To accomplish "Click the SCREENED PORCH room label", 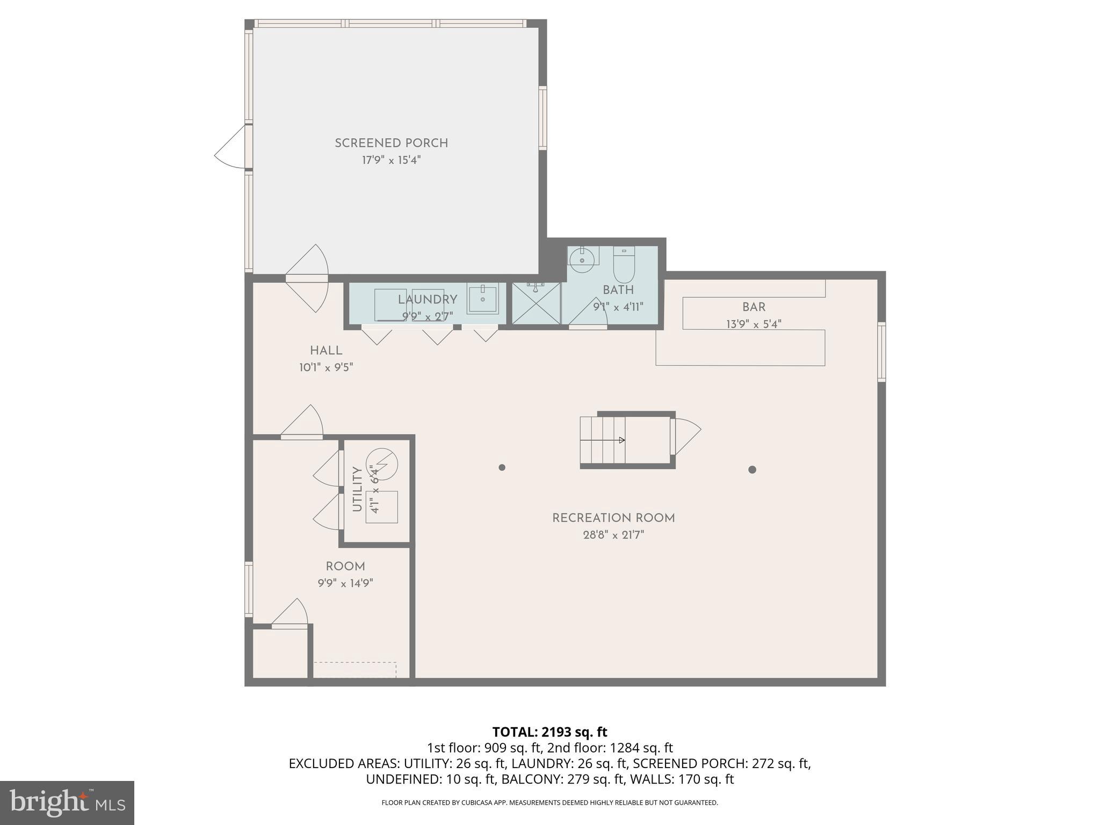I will pyautogui.click(x=391, y=143).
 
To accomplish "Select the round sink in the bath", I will pyautogui.click(x=583, y=259).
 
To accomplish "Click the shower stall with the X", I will pyautogui.click(x=535, y=303).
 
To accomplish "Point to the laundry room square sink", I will pyautogui.click(x=482, y=299).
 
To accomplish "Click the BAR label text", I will pyautogui.click(x=754, y=307).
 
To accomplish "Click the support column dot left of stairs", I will pyautogui.click(x=502, y=467).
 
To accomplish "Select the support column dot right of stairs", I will pyautogui.click(x=752, y=469).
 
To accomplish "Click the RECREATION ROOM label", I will pyautogui.click(x=613, y=518).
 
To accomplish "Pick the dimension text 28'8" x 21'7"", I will pyautogui.click(x=613, y=535).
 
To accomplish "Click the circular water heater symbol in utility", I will pyautogui.click(x=382, y=462).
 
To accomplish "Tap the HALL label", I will pyautogui.click(x=326, y=351).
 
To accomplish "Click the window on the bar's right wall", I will pyautogui.click(x=881, y=352).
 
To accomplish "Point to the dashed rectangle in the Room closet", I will pyautogui.click(x=355, y=670).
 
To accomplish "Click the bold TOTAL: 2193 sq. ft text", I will pyautogui.click(x=549, y=732).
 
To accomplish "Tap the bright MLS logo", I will pyautogui.click(x=67, y=802).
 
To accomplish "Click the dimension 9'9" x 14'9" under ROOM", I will pyautogui.click(x=345, y=583).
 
